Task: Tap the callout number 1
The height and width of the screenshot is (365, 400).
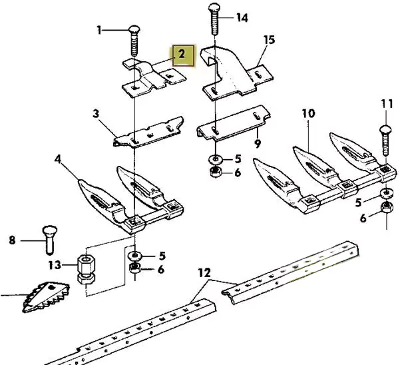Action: tap(100, 30)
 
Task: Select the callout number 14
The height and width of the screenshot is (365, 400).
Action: tap(242, 18)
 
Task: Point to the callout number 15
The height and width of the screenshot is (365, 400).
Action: tap(269, 40)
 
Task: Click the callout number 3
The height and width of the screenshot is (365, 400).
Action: tap(96, 115)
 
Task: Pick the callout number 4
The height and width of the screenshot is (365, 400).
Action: tap(58, 160)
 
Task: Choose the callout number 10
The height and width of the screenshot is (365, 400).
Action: tap(307, 113)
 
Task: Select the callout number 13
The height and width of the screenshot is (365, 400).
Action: tap(55, 265)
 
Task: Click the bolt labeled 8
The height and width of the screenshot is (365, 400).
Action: tap(49, 238)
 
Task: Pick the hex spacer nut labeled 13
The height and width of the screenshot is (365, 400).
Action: tap(85, 268)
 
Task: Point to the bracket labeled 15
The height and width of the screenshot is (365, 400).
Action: tap(233, 73)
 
